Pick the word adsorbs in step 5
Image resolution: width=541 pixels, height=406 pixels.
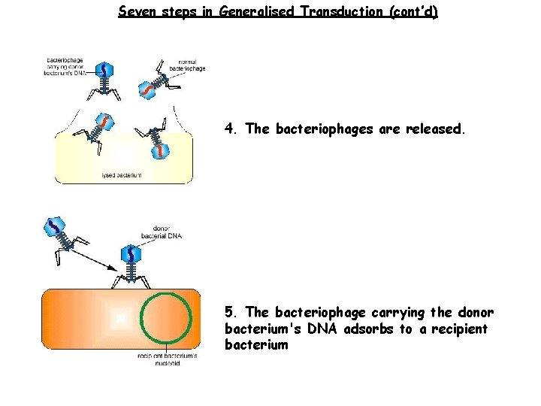[367, 329]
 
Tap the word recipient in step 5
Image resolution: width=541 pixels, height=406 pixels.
[458, 329]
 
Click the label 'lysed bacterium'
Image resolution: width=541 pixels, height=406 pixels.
[121, 176]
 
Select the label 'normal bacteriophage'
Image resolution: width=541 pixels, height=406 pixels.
[187, 65]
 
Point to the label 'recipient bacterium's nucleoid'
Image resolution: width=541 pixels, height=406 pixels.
[167, 359]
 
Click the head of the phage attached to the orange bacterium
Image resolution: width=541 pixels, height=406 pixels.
[132, 255]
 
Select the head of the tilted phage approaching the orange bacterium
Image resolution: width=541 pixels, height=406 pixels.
[57, 226]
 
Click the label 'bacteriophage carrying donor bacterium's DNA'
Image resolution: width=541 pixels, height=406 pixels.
[65, 65]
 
